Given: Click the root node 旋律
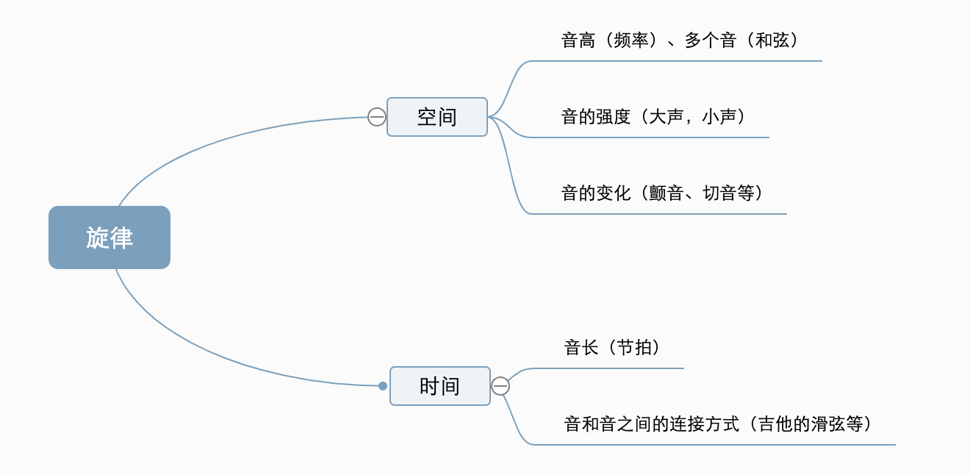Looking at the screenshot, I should pos(109,238).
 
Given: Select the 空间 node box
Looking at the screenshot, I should pos(437,117).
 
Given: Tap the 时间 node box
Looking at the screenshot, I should pos(439,386).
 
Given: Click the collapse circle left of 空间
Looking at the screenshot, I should pos(376,117).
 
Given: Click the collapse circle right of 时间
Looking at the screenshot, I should pos(500,386).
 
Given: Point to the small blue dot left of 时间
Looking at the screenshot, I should pos(383,386).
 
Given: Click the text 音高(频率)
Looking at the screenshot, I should pos(608,40).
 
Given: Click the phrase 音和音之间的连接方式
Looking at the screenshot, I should pos(651,424).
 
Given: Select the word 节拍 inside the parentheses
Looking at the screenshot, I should pos(634,348).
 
